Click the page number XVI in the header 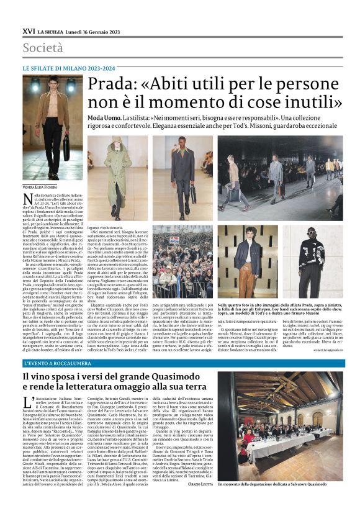28,30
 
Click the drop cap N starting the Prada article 27,199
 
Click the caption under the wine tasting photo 289,500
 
